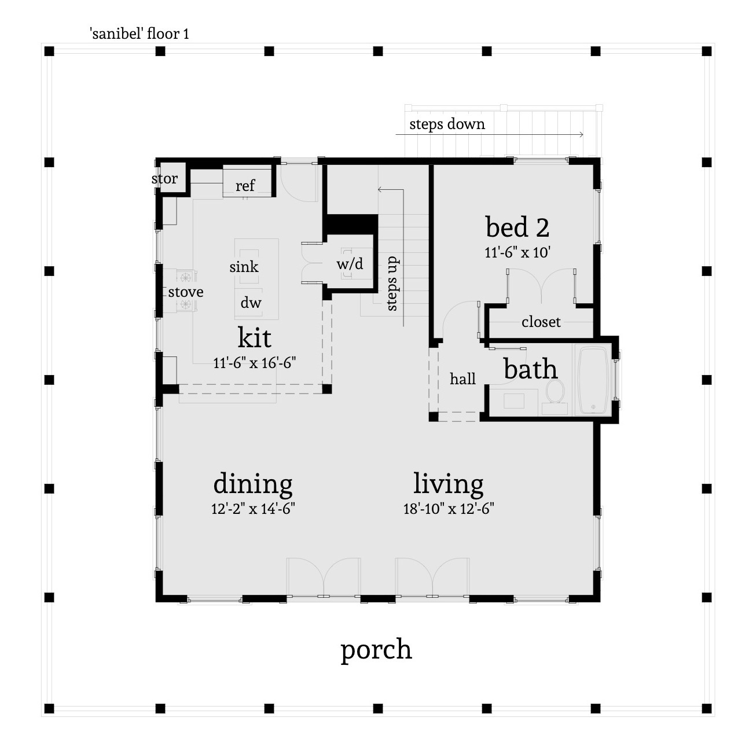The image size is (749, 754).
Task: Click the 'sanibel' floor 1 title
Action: point(139,34)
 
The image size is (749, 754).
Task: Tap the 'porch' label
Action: point(376,649)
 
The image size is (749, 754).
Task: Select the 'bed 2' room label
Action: point(517,227)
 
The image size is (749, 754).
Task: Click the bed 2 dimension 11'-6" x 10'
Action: point(517,253)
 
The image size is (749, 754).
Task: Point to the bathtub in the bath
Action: point(592,380)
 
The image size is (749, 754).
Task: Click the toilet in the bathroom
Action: point(555,391)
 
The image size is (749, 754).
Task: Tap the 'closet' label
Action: point(541,322)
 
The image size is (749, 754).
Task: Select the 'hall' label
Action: point(462,379)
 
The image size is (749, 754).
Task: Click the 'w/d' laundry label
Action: point(350,264)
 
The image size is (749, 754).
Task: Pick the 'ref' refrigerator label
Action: point(245,185)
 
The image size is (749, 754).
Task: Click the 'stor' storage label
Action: point(164,179)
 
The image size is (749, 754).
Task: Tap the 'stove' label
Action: point(186,292)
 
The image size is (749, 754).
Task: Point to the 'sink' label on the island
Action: point(244,267)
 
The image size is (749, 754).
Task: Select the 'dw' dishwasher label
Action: point(251,303)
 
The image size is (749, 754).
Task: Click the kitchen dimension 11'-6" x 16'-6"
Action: point(254,363)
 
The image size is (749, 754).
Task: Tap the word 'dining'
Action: point(253,484)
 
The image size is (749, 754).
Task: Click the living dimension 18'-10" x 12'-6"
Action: point(448,509)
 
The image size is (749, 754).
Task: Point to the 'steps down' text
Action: point(447,124)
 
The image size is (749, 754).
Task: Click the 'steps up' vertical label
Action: point(392,284)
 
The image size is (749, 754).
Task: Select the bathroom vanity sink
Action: point(514,400)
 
